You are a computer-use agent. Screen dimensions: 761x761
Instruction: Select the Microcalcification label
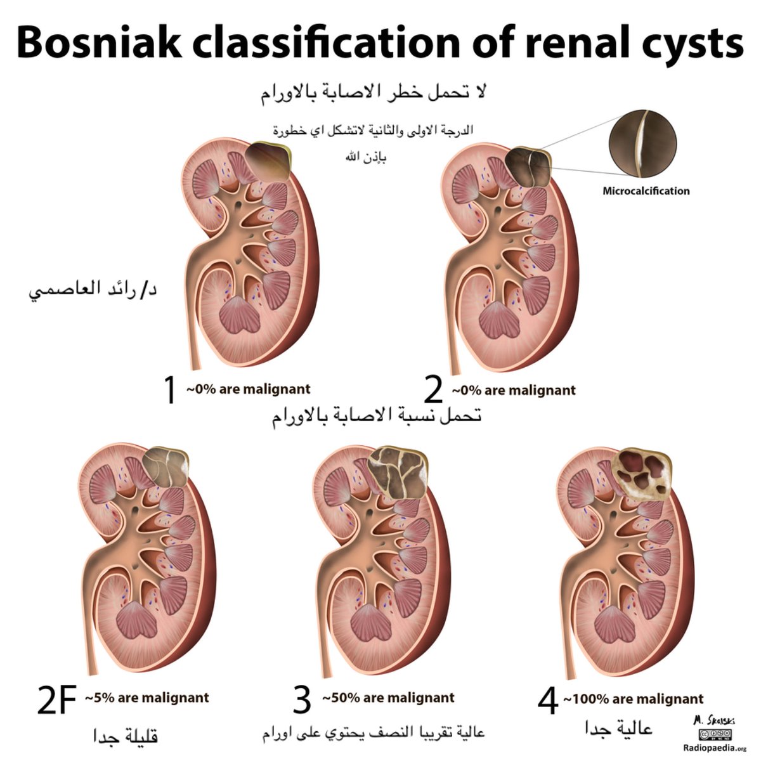pyautogui.click(x=646, y=190)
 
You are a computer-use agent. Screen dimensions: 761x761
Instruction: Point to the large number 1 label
pyautogui.click(x=169, y=389)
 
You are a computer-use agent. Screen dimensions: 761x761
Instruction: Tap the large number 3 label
pyautogui.click(x=302, y=699)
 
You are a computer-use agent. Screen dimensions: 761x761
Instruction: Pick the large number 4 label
pyautogui.click(x=548, y=701)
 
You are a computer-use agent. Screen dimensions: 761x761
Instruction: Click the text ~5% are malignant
pyautogui.click(x=147, y=698)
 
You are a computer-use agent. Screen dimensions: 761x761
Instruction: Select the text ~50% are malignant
pyautogui.click(x=388, y=698)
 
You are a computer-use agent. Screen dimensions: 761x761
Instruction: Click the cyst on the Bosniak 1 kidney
pyautogui.click(x=269, y=162)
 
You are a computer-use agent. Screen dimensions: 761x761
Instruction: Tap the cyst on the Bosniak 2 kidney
pyautogui.click(x=529, y=167)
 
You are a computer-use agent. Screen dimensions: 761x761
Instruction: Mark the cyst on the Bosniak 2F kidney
pyautogui.click(x=166, y=468)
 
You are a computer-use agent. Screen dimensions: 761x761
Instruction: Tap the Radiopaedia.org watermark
pyautogui.click(x=715, y=748)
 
